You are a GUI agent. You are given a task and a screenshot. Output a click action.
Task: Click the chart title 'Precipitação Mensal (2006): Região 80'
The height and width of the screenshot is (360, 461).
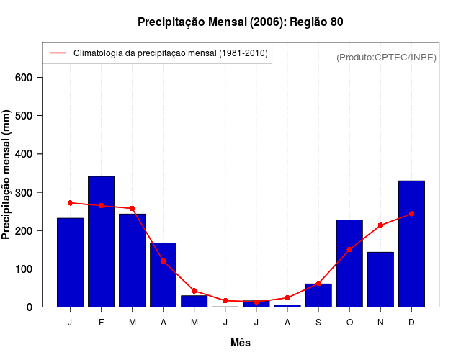tap(240, 22)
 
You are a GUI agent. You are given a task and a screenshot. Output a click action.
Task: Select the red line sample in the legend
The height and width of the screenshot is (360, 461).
tap(58, 53)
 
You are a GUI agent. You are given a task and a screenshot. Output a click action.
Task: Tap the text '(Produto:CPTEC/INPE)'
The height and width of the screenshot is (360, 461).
tap(386, 57)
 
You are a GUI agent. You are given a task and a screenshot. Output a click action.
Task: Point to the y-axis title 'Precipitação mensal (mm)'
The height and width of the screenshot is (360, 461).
tap(6, 174)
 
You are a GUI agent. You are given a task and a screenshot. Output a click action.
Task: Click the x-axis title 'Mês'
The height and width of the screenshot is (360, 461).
tap(241, 343)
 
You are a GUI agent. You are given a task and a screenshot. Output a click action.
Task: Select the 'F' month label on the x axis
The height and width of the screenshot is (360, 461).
tap(101, 323)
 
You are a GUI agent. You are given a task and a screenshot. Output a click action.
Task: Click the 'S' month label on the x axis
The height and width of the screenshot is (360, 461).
tap(318, 323)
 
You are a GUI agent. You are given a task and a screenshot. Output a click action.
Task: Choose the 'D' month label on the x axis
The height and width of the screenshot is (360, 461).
tap(411, 323)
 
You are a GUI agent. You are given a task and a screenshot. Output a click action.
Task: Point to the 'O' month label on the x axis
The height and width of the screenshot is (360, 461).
tap(349, 323)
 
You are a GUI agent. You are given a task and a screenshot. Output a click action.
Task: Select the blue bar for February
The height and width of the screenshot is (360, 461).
tap(101, 241)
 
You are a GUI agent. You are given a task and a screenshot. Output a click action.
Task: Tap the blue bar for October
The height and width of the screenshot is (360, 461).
tap(349, 263)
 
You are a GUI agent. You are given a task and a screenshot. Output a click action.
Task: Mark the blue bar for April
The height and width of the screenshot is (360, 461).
tap(163, 274)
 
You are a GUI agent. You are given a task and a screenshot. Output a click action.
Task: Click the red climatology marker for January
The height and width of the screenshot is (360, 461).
tap(70, 203)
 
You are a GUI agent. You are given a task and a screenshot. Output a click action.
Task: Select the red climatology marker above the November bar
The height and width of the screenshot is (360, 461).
tap(380, 225)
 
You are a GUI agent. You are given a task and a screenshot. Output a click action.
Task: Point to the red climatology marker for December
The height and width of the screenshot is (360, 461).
tap(411, 214)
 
